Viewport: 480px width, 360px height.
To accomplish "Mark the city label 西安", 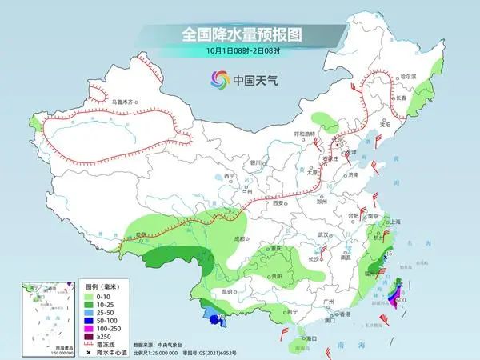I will (x=279, y=204).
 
